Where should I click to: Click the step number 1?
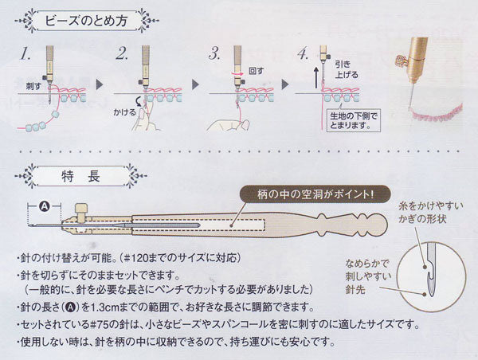(x=25, y=54)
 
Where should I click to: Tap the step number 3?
(x=214, y=53)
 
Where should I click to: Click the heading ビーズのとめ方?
(x=86, y=21)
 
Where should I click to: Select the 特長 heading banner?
(x=80, y=176)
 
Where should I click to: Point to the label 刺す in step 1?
(x=33, y=86)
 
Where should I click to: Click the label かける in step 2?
(x=125, y=112)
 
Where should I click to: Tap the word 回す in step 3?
(x=256, y=71)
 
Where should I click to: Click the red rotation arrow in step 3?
(x=237, y=73)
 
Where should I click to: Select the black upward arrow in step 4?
(x=316, y=78)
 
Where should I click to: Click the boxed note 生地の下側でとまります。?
(x=354, y=120)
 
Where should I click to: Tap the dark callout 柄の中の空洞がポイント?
(x=315, y=194)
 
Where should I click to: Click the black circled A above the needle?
(x=45, y=206)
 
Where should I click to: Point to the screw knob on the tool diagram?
(x=81, y=213)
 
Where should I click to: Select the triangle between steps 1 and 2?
(x=100, y=84)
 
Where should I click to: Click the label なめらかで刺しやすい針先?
(x=368, y=276)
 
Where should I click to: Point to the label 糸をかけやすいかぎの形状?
(x=430, y=212)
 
